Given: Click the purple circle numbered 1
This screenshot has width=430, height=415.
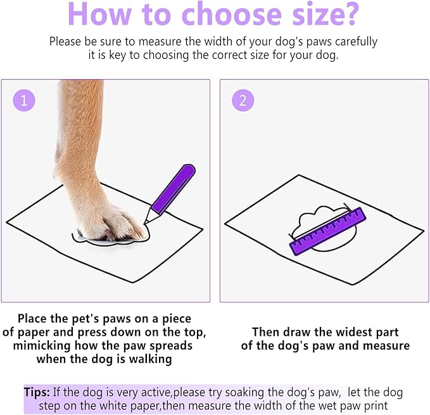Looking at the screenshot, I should tap(24, 100).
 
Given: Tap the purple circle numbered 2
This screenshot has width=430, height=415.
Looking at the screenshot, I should tap(243, 100).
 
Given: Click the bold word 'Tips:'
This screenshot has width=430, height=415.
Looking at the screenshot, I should tap(38, 393).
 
